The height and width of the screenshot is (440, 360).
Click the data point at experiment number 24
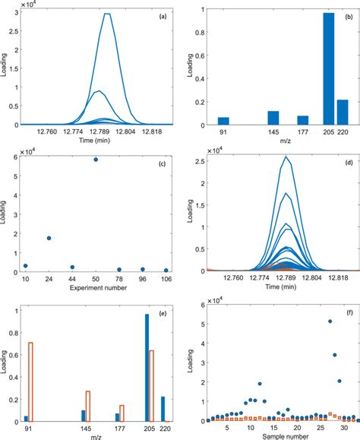click(x=49, y=238)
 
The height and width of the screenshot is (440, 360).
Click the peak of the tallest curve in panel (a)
click(x=108, y=14)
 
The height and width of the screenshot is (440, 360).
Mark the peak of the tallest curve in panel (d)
click(x=286, y=157)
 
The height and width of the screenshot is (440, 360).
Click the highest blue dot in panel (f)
click(x=330, y=321)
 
